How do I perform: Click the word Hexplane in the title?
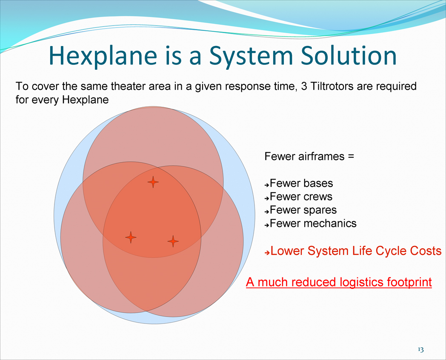[x=103, y=56]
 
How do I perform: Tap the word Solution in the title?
[x=349, y=55]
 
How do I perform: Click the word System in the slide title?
[x=251, y=56]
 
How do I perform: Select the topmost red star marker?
[x=153, y=182]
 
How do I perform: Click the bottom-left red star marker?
[x=131, y=237]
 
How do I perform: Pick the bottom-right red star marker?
[x=173, y=241]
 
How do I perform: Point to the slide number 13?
[x=421, y=349]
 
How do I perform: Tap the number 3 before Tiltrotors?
[x=304, y=86]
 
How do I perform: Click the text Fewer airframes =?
[x=309, y=156]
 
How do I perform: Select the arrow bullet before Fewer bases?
[x=266, y=185]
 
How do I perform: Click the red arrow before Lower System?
[x=267, y=252]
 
